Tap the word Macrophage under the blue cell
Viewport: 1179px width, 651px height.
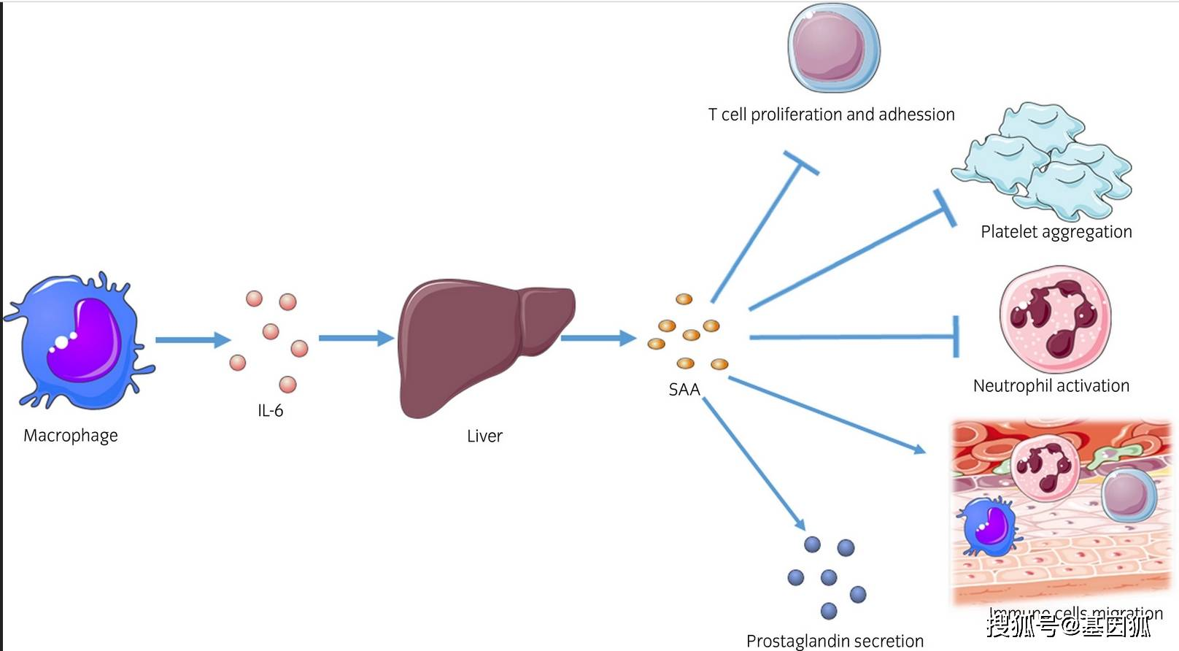pos(71,436)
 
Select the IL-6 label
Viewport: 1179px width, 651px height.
pos(270,411)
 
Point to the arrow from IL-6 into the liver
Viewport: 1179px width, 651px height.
pos(356,338)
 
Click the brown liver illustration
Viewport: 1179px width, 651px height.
pos(474,343)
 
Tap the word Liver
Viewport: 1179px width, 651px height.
pos(484,436)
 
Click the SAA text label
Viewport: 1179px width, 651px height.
pos(684,390)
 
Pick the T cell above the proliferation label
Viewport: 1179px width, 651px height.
pos(833,49)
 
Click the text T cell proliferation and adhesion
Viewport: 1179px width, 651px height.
pos(831,115)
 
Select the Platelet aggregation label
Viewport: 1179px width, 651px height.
pos(1056,232)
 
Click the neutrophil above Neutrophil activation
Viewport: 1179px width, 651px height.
pos(1055,320)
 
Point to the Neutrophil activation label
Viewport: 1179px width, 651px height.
pos(1051,386)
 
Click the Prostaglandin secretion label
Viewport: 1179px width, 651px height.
pos(835,641)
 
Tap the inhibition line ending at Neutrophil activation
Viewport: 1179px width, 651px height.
pos(854,337)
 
